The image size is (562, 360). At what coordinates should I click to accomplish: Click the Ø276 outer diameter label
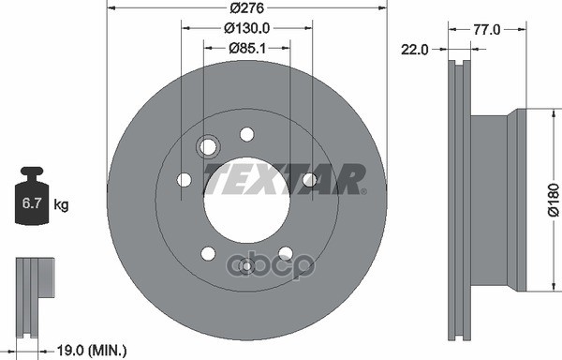pos(246,7)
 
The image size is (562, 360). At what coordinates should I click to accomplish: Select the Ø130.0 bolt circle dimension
pos(246,28)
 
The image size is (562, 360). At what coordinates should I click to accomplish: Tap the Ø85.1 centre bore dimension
pos(247,48)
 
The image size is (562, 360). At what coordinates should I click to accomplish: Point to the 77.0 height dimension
pos(487,30)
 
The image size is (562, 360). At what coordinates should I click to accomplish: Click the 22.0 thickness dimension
pos(414,50)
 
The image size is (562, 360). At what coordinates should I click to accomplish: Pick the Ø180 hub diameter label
pos(554,200)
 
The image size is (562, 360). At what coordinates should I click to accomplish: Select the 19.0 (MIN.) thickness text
pos(92,350)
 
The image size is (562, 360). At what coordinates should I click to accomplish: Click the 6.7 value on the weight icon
pos(31,203)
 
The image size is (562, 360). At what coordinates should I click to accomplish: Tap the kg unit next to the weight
pos(61,204)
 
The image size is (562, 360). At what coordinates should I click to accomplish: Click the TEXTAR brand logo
pos(285,179)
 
